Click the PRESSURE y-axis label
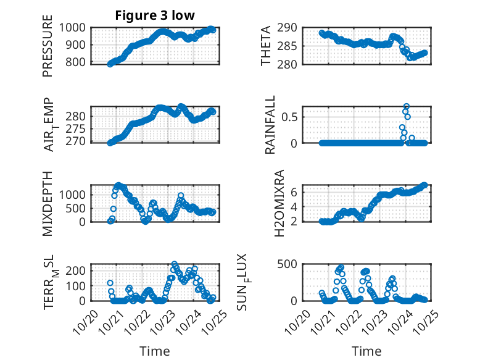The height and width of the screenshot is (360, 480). click(48, 46)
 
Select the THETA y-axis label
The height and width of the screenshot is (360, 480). click(266, 46)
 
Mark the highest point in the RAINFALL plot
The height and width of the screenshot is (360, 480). click(407, 106)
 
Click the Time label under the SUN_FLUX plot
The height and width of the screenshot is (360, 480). click(366, 351)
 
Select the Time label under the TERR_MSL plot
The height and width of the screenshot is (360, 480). click(154, 351)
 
